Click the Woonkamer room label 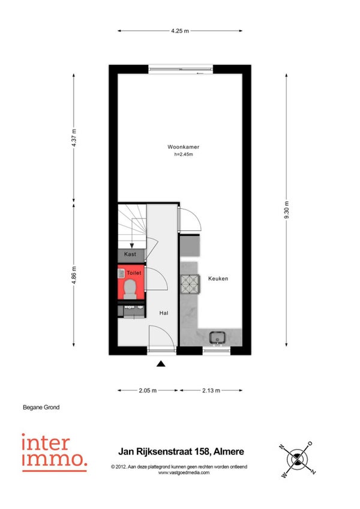(x=184, y=146)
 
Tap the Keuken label (x=218, y=279)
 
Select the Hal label (x=164, y=313)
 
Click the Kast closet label (x=130, y=254)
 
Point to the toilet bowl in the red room (x=130, y=289)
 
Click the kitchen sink (x=217, y=338)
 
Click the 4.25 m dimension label (x=180, y=31)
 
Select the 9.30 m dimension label (x=287, y=209)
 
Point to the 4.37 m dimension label (x=74, y=137)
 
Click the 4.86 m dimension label (x=74, y=275)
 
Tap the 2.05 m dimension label (x=148, y=391)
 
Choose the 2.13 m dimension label (x=211, y=391)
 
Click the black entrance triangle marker (x=161, y=364)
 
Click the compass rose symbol (x=297, y=459)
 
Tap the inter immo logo (x=55, y=453)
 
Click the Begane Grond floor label (x=41, y=408)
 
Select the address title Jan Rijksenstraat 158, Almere (x=181, y=451)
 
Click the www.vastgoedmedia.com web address (x=184, y=472)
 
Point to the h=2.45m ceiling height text (x=184, y=154)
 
